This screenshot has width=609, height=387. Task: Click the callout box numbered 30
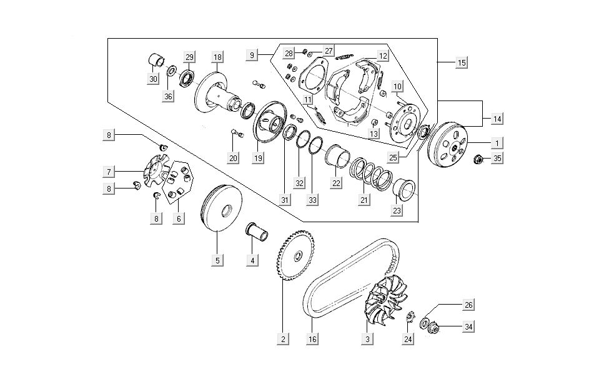tap(153, 79)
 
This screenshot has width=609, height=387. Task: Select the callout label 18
tap(217, 57)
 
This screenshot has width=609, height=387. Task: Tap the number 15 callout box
tap(461, 62)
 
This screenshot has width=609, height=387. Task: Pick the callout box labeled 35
tap(497, 159)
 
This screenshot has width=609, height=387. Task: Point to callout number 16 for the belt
tap(312, 340)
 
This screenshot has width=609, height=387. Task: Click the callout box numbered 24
tap(408, 340)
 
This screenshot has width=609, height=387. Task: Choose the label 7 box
tap(109, 171)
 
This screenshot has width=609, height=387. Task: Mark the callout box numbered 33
tap(312, 200)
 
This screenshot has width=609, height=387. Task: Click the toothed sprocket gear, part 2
tap(295, 256)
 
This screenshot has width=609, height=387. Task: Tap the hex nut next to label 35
tap(478, 159)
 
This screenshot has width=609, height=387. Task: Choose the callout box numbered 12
tap(382, 56)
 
